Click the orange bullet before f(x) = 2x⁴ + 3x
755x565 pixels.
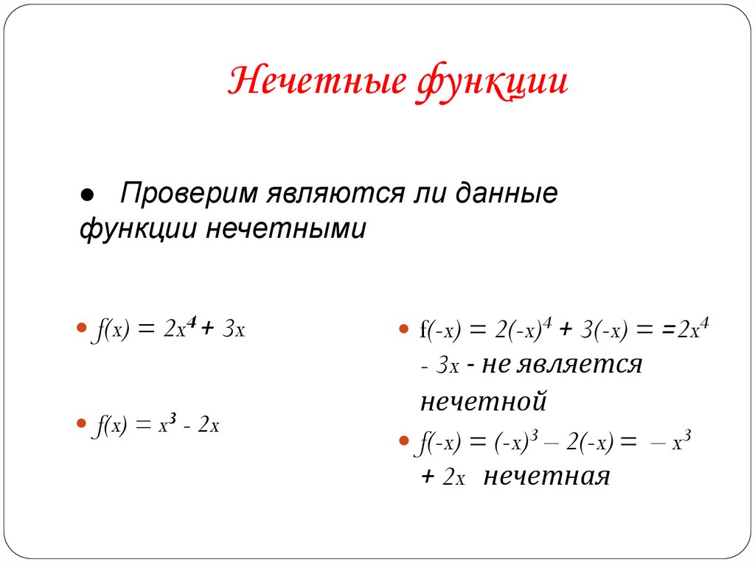(82, 329)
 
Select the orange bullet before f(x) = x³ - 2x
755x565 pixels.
(82, 424)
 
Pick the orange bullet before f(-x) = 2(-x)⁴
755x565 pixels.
(403, 329)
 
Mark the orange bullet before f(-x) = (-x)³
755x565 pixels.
(403, 441)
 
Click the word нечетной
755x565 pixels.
(483, 402)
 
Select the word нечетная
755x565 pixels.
(547, 477)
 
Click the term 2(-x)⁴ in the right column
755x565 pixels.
(515, 329)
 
